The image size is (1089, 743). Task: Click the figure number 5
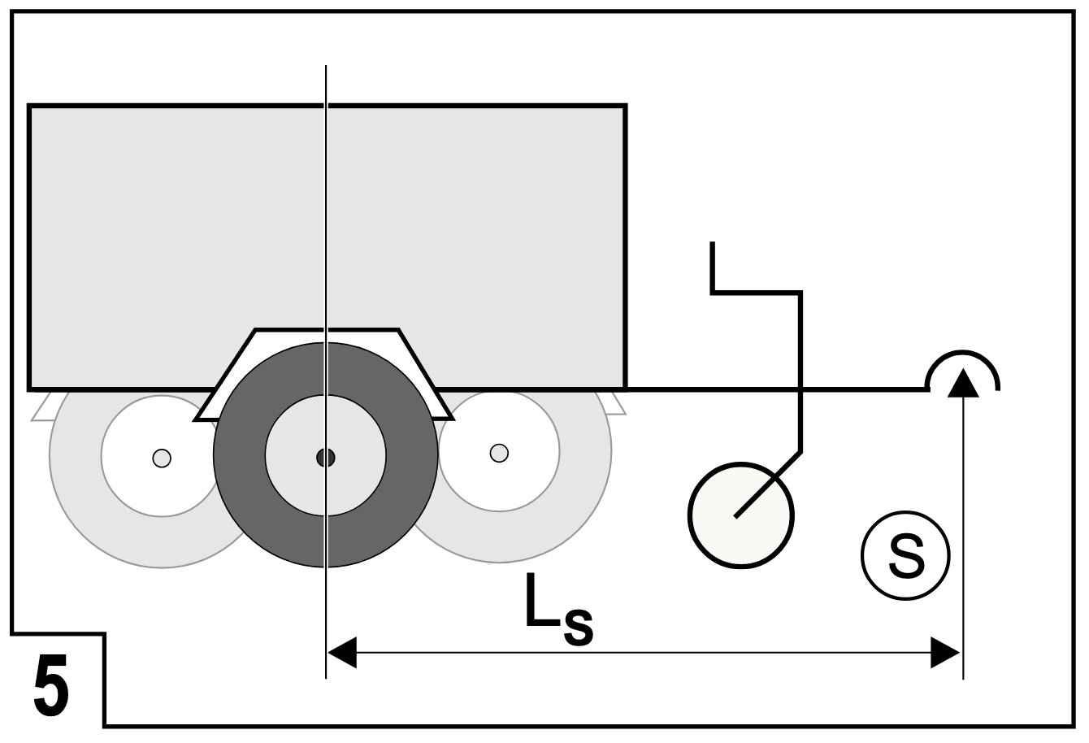point(50,686)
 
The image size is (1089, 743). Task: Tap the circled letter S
point(905,556)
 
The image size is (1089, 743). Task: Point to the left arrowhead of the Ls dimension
point(341,652)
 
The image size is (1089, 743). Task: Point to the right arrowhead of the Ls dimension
point(946,652)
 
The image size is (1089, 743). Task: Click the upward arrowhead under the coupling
point(963,383)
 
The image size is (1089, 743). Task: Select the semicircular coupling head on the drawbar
point(963,362)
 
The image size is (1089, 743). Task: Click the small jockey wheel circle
point(740,515)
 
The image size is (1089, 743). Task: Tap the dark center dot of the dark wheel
point(325,458)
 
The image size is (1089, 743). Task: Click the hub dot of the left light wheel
point(162,458)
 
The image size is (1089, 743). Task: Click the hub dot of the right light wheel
point(499,452)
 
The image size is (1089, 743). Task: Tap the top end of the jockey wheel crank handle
point(712,245)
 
